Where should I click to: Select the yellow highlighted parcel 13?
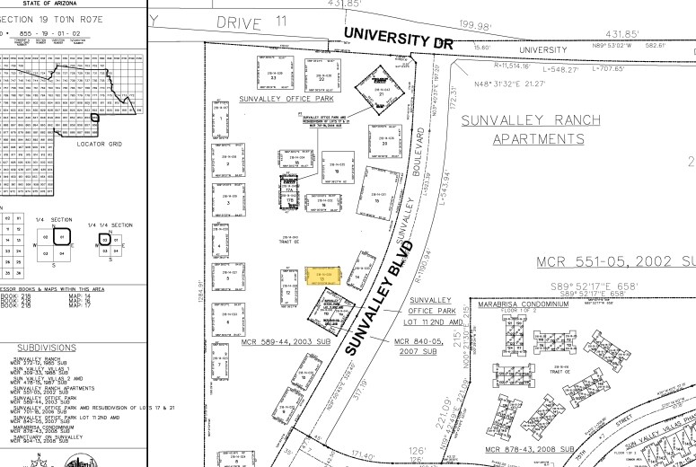[322, 276]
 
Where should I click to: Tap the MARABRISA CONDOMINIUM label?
[524, 304]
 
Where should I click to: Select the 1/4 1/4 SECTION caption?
[110, 225]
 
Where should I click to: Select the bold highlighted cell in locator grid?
[94, 117]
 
